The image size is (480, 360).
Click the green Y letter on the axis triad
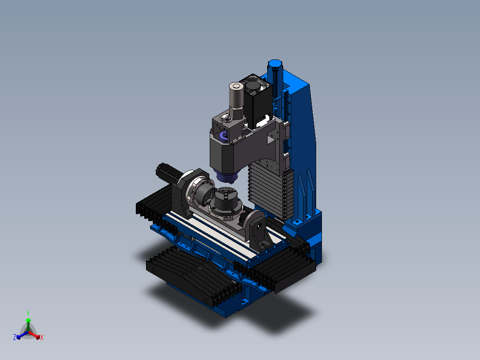pos(28,313)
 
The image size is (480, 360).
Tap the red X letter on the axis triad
pos(42,337)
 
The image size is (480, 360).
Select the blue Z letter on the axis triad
pos(15,337)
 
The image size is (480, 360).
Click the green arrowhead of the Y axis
pos(28,320)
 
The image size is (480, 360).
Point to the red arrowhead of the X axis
pos(38,337)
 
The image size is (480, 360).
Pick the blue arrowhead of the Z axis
pos(18,337)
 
